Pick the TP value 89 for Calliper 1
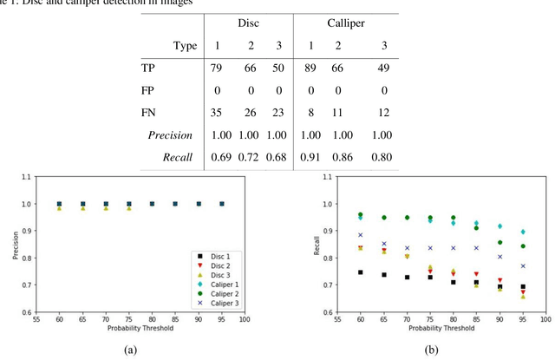(310, 67)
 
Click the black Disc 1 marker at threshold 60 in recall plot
(361, 272)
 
